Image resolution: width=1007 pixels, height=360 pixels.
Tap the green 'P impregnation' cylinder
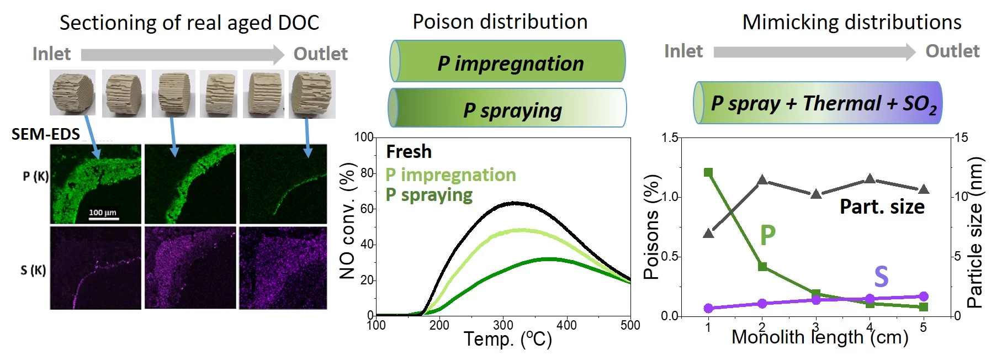click(x=508, y=62)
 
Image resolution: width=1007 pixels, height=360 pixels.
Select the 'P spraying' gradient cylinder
click(x=508, y=108)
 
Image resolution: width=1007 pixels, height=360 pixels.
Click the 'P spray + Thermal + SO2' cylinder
click(x=818, y=103)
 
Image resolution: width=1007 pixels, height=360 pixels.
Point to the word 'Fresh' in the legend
click(x=409, y=151)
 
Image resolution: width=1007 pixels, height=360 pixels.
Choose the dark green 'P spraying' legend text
click(x=429, y=194)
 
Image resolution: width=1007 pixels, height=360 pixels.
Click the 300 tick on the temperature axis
click(x=503, y=325)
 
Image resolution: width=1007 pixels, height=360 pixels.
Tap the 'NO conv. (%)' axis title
click(x=347, y=221)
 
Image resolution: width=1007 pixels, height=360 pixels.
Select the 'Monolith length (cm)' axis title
click(x=819, y=337)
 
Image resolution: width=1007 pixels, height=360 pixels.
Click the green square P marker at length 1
click(x=708, y=173)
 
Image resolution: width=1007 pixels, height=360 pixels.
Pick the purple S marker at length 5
click(x=924, y=297)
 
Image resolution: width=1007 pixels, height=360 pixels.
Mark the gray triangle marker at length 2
click(x=762, y=180)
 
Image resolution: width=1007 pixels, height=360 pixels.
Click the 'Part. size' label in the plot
click(x=882, y=207)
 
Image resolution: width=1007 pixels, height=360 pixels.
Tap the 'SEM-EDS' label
click(x=46, y=134)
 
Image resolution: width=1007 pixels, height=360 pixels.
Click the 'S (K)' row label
click(x=33, y=270)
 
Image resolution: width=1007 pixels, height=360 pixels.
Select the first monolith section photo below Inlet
click(x=72, y=92)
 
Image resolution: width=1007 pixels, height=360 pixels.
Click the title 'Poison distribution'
click(x=500, y=22)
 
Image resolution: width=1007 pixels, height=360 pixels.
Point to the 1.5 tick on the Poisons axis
click(x=670, y=137)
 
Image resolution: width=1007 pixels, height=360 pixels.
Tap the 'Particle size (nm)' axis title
click(x=976, y=232)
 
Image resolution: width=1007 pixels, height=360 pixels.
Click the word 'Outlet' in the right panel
click(x=952, y=51)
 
